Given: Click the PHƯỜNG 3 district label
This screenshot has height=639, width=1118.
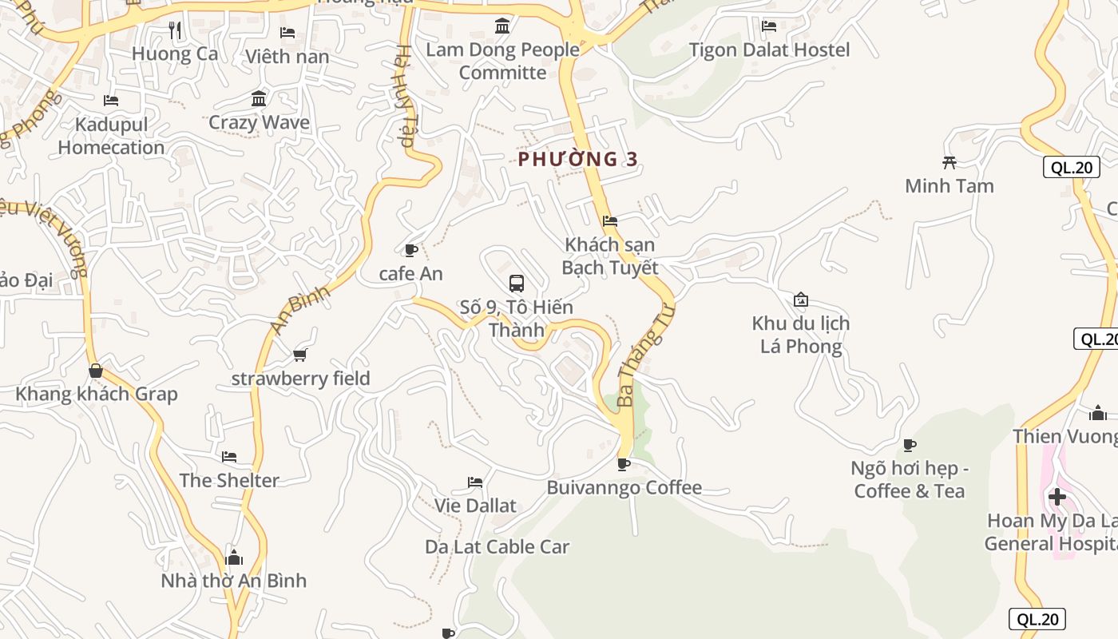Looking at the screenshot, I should [578, 159].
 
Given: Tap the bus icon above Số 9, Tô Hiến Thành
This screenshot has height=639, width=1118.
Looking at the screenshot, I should [517, 283].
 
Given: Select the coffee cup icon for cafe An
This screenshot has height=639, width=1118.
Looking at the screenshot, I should [410, 250].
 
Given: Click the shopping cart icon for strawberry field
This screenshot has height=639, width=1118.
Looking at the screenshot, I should [300, 355].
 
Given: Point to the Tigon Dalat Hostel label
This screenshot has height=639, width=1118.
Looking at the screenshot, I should [769, 50].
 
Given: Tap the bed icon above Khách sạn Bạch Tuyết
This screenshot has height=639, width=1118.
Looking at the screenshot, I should [610, 221].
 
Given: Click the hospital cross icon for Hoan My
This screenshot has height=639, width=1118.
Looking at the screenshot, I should [1057, 497].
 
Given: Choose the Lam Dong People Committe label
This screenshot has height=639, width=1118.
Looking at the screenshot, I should [502, 61].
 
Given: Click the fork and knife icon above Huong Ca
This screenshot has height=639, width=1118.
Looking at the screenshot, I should [175, 30].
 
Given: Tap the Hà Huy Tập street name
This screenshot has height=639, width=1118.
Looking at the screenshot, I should [405, 96].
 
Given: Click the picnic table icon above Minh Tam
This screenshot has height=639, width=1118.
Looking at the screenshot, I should [950, 163].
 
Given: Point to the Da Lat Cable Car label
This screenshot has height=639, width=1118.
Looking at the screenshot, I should [497, 547].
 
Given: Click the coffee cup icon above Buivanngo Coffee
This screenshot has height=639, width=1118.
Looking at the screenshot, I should [624, 464].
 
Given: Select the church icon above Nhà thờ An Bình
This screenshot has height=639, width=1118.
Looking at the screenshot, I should [234, 557].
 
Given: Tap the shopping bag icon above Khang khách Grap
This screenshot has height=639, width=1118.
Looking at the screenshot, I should [96, 371].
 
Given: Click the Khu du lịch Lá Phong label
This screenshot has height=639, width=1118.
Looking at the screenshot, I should [800, 335].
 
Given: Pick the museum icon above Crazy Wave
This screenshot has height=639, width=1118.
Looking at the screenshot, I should [259, 99].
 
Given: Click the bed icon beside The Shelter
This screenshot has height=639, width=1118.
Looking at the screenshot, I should [229, 457].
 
